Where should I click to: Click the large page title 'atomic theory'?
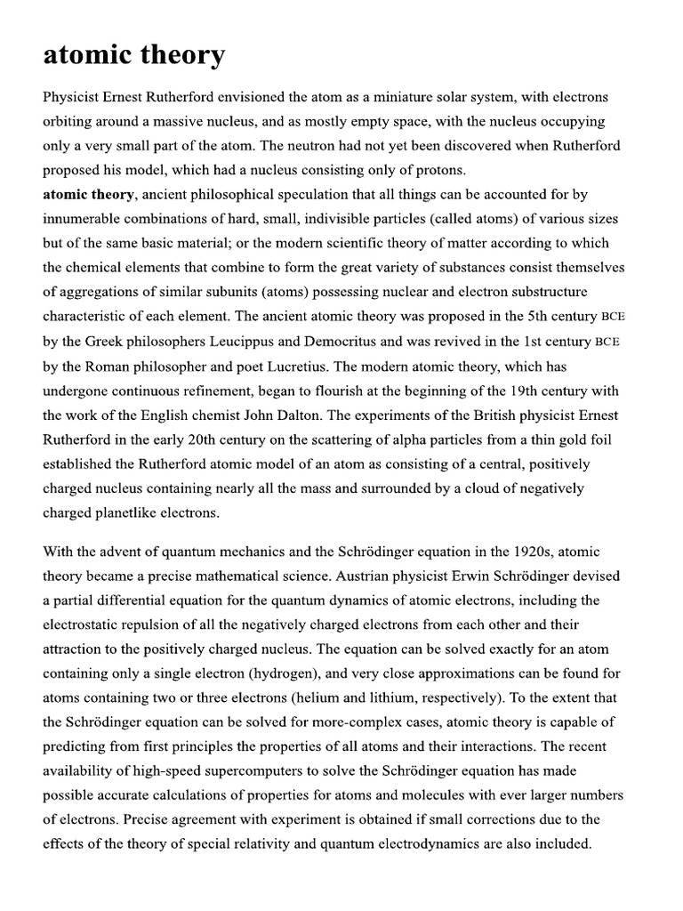[x=133, y=55]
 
